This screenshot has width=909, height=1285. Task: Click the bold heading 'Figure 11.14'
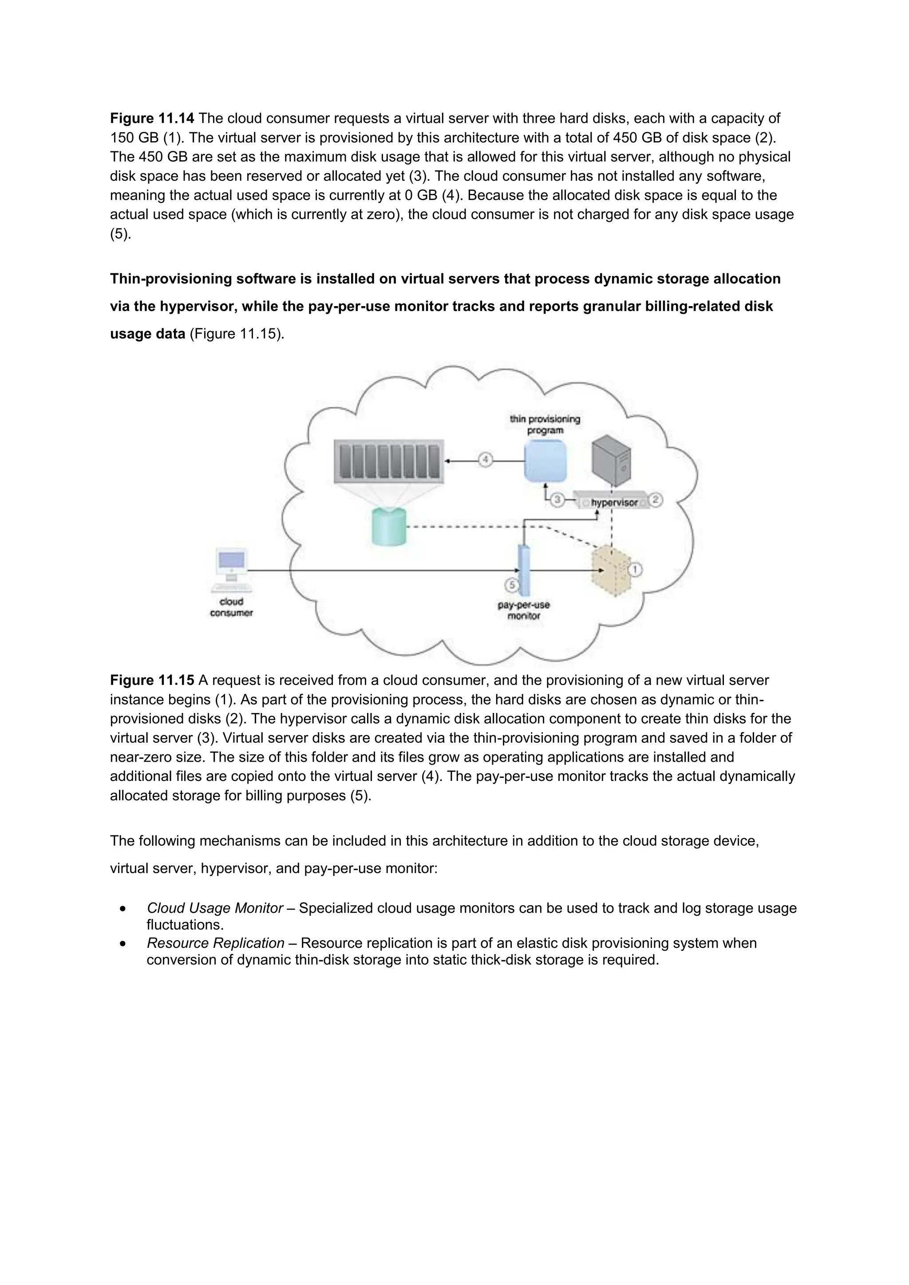click(x=152, y=118)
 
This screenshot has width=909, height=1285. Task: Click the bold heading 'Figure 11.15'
click(x=152, y=681)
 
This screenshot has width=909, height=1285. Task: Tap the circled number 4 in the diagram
click(x=485, y=460)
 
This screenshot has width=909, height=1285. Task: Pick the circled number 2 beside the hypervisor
click(x=656, y=499)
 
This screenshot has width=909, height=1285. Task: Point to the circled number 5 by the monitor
click(x=512, y=585)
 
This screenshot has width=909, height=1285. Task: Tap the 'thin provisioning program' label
click(x=545, y=425)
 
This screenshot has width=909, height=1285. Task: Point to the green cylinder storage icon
click(x=388, y=527)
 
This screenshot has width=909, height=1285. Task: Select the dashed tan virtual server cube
click(x=611, y=572)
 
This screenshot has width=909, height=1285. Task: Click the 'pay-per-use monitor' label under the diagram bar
click(x=523, y=611)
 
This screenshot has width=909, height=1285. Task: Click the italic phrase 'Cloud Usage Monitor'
click(x=214, y=908)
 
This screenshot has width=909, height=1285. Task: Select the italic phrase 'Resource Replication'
click(x=216, y=943)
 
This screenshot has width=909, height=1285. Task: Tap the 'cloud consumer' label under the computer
click(x=231, y=607)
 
